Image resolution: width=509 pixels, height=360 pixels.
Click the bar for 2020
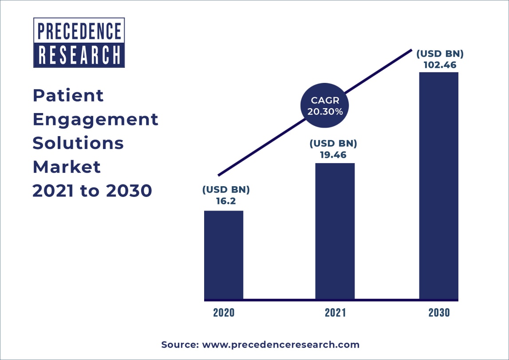224,254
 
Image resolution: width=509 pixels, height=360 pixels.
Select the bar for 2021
335,231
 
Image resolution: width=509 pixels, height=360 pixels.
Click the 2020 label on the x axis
224,312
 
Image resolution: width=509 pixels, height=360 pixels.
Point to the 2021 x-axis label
335,312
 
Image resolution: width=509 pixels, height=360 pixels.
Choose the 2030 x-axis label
439,312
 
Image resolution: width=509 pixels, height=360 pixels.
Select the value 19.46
334,155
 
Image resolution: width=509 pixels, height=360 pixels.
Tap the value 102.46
439,65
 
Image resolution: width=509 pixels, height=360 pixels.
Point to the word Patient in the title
68,95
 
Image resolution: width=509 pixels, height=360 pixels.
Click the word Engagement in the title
95,119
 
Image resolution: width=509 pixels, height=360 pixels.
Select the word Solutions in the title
79,143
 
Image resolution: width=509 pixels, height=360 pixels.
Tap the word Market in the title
67,167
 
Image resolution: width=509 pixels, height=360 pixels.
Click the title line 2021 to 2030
92,191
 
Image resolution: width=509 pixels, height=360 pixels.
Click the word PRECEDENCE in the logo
79,31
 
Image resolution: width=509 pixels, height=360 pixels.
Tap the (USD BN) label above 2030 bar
439,54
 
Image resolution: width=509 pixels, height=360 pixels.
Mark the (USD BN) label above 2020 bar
226,190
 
